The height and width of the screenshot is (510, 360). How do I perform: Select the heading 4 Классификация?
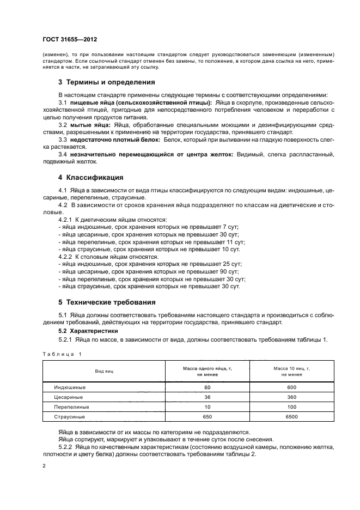tap(90, 177)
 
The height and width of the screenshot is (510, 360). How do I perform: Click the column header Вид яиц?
tap(104, 371)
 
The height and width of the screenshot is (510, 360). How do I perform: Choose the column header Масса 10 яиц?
tap(291, 371)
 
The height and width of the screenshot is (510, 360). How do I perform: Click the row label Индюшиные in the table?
tap(70, 387)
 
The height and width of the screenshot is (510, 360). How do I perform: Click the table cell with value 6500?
tap(291, 417)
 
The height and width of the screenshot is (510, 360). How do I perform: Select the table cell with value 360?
tap(291, 397)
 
